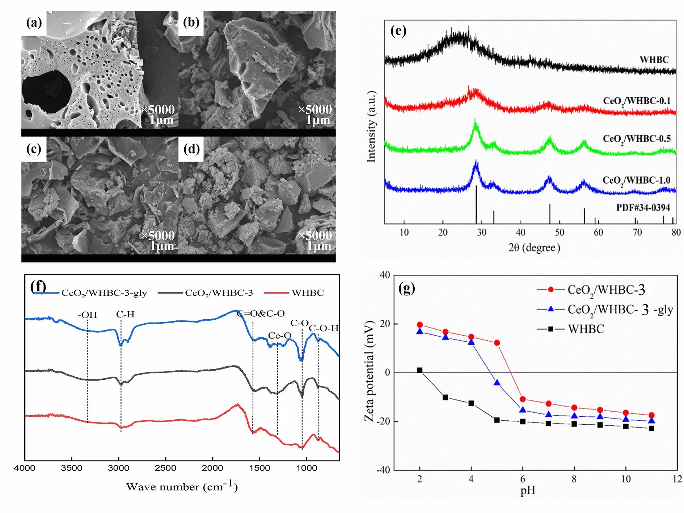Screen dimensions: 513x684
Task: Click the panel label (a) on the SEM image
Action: pyautogui.click(x=34, y=23)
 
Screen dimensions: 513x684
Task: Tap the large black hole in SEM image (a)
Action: pyautogui.click(x=46, y=90)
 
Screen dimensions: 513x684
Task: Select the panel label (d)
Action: pyautogui.click(x=191, y=149)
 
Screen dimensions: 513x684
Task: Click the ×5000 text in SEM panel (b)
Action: pyautogui.click(x=314, y=109)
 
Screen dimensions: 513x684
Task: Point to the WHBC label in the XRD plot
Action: pyautogui.click(x=654, y=59)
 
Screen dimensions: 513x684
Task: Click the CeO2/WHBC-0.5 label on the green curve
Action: pyautogui.click(x=637, y=139)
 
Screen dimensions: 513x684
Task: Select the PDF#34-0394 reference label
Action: pyautogui.click(x=643, y=207)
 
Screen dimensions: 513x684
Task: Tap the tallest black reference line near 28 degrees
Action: pyautogui.click(x=476, y=205)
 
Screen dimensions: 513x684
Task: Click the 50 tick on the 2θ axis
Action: pyautogui.click(x=560, y=232)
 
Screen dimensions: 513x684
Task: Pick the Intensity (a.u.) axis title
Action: pyautogui.click(x=372, y=127)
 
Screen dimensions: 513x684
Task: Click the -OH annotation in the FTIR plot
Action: pyautogui.click(x=88, y=315)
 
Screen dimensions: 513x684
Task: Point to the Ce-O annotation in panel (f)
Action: pyautogui.click(x=279, y=336)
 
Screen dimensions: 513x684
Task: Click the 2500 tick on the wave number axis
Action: pyautogui.click(x=165, y=468)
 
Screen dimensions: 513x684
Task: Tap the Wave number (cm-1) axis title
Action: pyautogui.click(x=182, y=487)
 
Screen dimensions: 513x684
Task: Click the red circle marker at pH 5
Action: pyautogui.click(x=497, y=343)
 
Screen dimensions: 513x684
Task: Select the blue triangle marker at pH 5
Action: pyautogui.click(x=497, y=383)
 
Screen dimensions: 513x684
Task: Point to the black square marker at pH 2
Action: pyautogui.click(x=420, y=370)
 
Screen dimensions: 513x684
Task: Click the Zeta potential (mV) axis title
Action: pyautogui.click(x=369, y=371)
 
